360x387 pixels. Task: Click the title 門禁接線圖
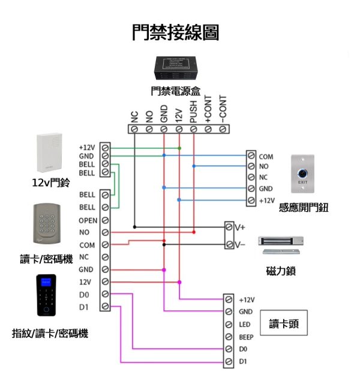(x=175, y=32)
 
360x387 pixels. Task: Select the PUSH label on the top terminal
(x=193, y=112)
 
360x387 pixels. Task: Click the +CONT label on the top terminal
(x=208, y=110)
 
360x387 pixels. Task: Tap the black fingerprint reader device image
(x=47, y=295)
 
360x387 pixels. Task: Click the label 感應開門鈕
(x=304, y=208)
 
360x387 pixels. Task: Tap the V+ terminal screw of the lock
(x=229, y=227)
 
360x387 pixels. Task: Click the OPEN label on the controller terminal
(x=88, y=220)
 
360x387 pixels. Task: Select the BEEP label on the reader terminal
(x=246, y=337)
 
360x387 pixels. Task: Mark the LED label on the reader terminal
(x=244, y=325)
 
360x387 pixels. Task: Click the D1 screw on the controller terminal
(x=105, y=307)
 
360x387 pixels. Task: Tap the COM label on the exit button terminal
(x=266, y=157)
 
